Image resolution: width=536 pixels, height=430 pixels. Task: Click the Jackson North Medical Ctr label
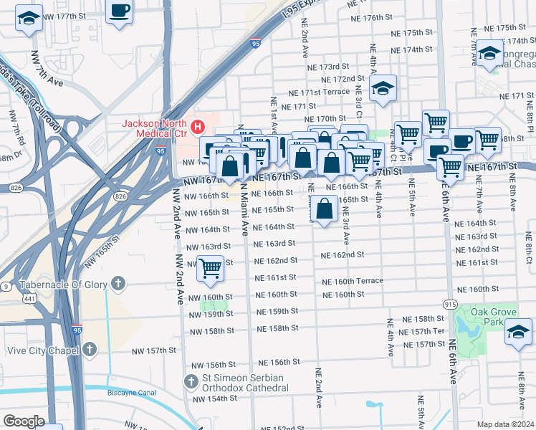click(x=153, y=128)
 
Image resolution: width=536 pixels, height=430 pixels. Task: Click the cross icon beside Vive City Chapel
click(x=88, y=349)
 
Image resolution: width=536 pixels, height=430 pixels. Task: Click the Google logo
click(x=24, y=421)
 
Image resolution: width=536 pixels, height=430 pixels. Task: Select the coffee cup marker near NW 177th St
click(x=120, y=12)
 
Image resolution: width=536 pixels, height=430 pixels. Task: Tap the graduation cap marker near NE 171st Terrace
click(x=383, y=90)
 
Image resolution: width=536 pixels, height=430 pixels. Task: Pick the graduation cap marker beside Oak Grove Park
click(x=518, y=333)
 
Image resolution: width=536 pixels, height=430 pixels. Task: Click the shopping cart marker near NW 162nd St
click(x=210, y=269)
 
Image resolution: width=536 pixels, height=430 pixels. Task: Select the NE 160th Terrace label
click(x=352, y=281)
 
